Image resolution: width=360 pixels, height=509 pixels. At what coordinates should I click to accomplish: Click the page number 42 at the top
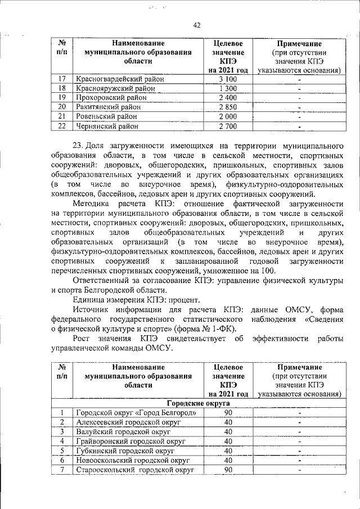[x=197, y=25]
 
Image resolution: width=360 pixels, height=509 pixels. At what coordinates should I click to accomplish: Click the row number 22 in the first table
[x=62, y=125]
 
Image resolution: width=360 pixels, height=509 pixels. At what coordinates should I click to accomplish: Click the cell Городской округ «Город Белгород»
[x=136, y=413]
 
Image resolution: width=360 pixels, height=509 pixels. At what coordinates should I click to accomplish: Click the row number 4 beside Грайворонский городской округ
[x=62, y=442]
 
